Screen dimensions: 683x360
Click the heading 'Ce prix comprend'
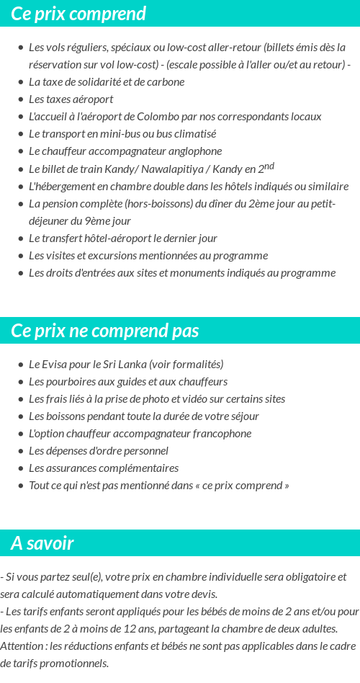point(78,14)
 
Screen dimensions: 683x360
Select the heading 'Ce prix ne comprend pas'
point(105,331)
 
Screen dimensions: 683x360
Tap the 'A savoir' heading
point(42,543)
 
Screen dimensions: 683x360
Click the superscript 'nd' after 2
point(269,166)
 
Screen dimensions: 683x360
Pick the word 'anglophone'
point(196,151)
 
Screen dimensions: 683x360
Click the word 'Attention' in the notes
point(22,646)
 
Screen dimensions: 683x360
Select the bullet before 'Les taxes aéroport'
point(20,99)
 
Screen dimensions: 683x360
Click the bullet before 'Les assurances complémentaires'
point(20,468)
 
